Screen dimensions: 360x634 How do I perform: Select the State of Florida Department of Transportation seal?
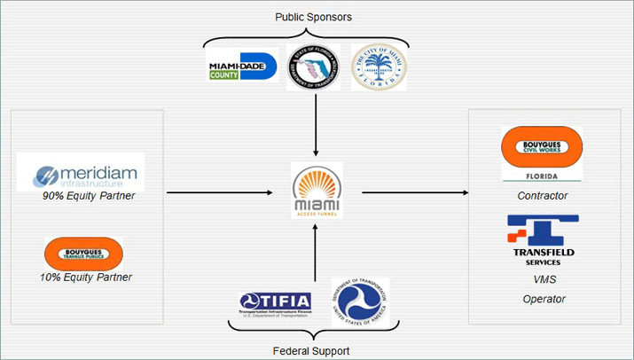click(x=314, y=67)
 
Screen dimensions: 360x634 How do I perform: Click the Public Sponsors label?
click(x=315, y=16)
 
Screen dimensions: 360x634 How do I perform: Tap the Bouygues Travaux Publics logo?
click(x=83, y=254)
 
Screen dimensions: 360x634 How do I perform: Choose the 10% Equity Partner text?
click(x=88, y=278)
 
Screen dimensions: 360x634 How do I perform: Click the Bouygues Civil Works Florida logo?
click(x=542, y=153)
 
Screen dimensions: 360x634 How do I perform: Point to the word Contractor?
click(x=542, y=196)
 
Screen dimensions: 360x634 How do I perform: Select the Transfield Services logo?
click(x=543, y=239)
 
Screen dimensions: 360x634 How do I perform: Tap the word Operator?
click(x=543, y=299)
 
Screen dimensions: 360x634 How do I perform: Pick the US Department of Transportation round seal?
click(x=359, y=301)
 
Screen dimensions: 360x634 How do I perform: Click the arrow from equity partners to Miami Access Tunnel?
click(x=225, y=191)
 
